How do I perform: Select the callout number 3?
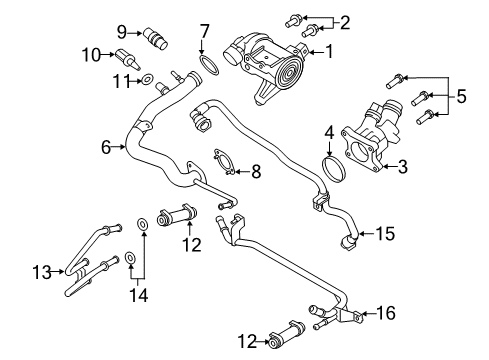click(x=402, y=168)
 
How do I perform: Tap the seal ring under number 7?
click(x=208, y=67)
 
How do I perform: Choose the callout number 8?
click(x=256, y=172)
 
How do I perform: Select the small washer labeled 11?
click(x=146, y=79)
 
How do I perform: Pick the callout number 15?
click(x=386, y=235)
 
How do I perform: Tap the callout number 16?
click(x=387, y=313)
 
